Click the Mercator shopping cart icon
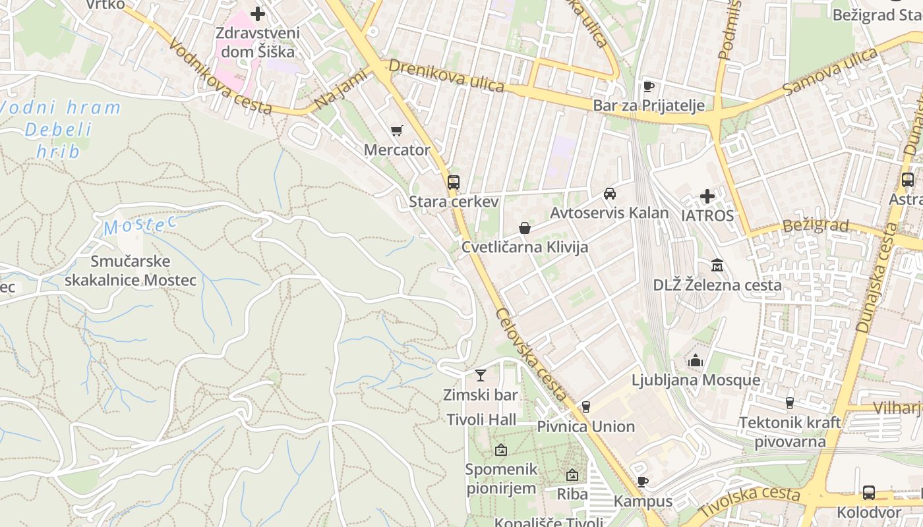point(396,130)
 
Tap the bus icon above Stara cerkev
point(454,182)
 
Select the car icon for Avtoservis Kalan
point(610,194)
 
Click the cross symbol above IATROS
point(707,196)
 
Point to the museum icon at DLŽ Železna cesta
point(717,265)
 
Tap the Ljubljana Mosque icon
point(696,361)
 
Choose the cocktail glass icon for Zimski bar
point(480,375)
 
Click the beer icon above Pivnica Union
point(585,407)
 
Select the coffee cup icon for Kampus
point(643,482)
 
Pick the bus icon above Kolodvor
point(869,493)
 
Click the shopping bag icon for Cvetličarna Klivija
point(525,228)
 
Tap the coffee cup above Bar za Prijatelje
point(648,86)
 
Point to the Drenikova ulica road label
point(446,76)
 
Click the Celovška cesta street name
point(531,354)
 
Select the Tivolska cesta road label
point(750,501)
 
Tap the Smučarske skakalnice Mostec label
point(144,271)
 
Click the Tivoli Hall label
point(482,420)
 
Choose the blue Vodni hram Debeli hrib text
point(62,129)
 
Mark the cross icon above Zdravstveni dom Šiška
point(258,13)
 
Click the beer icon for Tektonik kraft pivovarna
point(789,403)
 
